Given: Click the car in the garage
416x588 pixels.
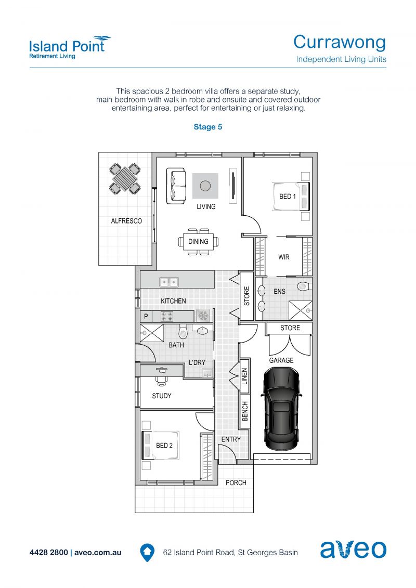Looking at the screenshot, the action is (281, 408).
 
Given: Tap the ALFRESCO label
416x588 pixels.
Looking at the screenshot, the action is (126, 221).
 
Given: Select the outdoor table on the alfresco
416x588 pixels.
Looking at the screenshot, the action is (125, 179).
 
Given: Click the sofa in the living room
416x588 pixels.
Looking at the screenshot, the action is (176, 186).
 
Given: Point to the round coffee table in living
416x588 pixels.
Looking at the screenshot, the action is (205, 186).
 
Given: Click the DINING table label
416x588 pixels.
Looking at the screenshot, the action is (198, 242).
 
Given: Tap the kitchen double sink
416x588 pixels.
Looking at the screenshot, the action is (169, 282).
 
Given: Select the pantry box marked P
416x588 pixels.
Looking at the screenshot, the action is (146, 316).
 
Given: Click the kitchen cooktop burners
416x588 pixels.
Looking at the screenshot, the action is (167, 317).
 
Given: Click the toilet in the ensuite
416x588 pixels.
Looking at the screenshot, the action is (304, 286).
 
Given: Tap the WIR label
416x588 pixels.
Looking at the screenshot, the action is (284, 257).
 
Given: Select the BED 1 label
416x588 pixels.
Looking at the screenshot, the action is (288, 197).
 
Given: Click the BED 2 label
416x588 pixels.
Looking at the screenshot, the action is (164, 446).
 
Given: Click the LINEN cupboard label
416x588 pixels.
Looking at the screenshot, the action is (244, 376).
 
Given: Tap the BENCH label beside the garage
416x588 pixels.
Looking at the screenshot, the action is (245, 411).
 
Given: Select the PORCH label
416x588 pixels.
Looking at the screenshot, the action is (236, 482).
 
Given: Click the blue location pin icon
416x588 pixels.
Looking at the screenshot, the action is (147, 553).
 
